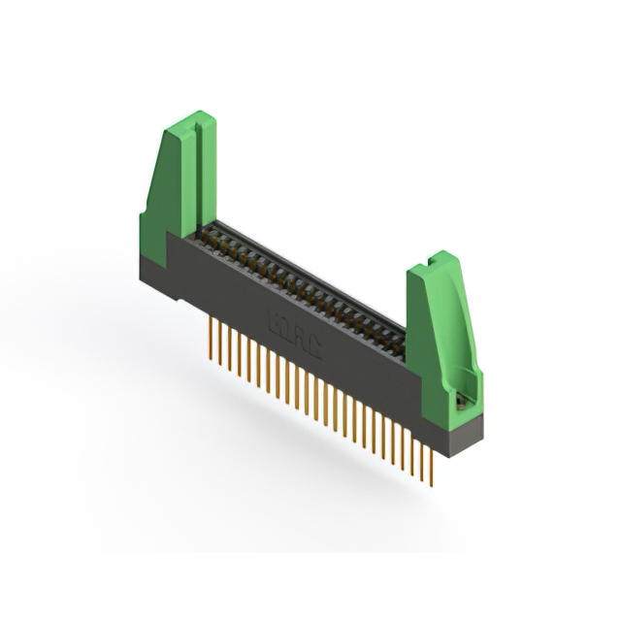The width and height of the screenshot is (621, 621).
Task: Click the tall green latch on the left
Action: (180, 180)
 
